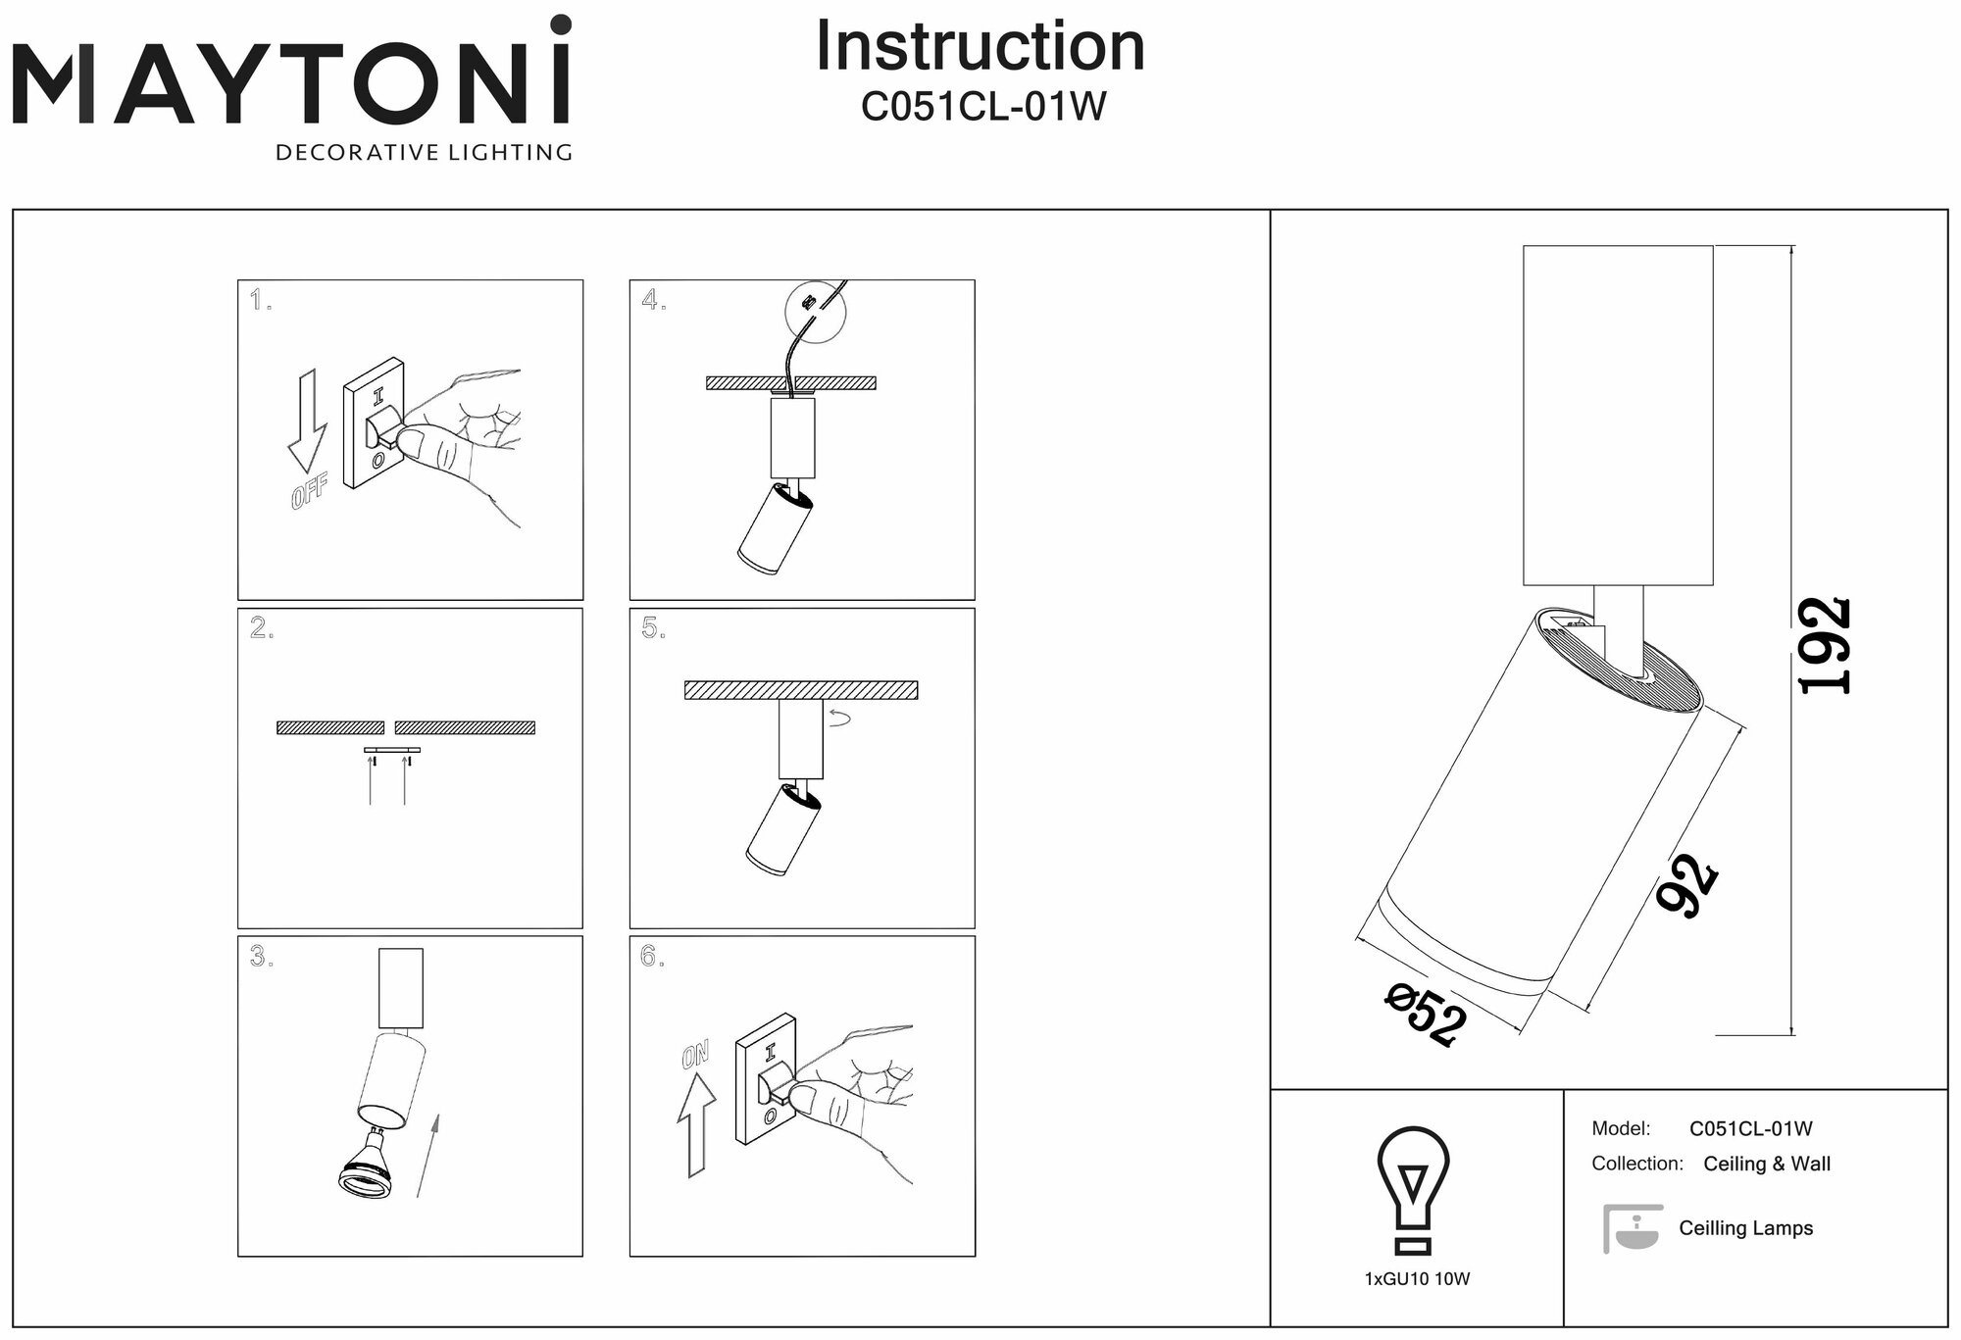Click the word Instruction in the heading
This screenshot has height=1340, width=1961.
(x=980, y=46)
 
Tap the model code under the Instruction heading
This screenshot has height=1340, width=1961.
(x=982, y=107)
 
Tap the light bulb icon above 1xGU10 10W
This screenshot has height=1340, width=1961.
(x=1413, y=1190)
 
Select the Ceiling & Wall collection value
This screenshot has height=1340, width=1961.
(x=1767, y=1165)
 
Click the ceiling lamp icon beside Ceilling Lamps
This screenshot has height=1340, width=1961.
(x=1633, y=1228)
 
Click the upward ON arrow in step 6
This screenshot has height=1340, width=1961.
(x=696, y=1122)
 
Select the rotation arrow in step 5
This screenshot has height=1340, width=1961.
(x=840, y=718)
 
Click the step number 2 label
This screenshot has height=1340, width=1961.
(x=260, y=629)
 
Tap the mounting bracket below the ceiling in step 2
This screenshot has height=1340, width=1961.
(x=392, y=750)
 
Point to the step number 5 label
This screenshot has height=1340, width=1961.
(x=652, y=629)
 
